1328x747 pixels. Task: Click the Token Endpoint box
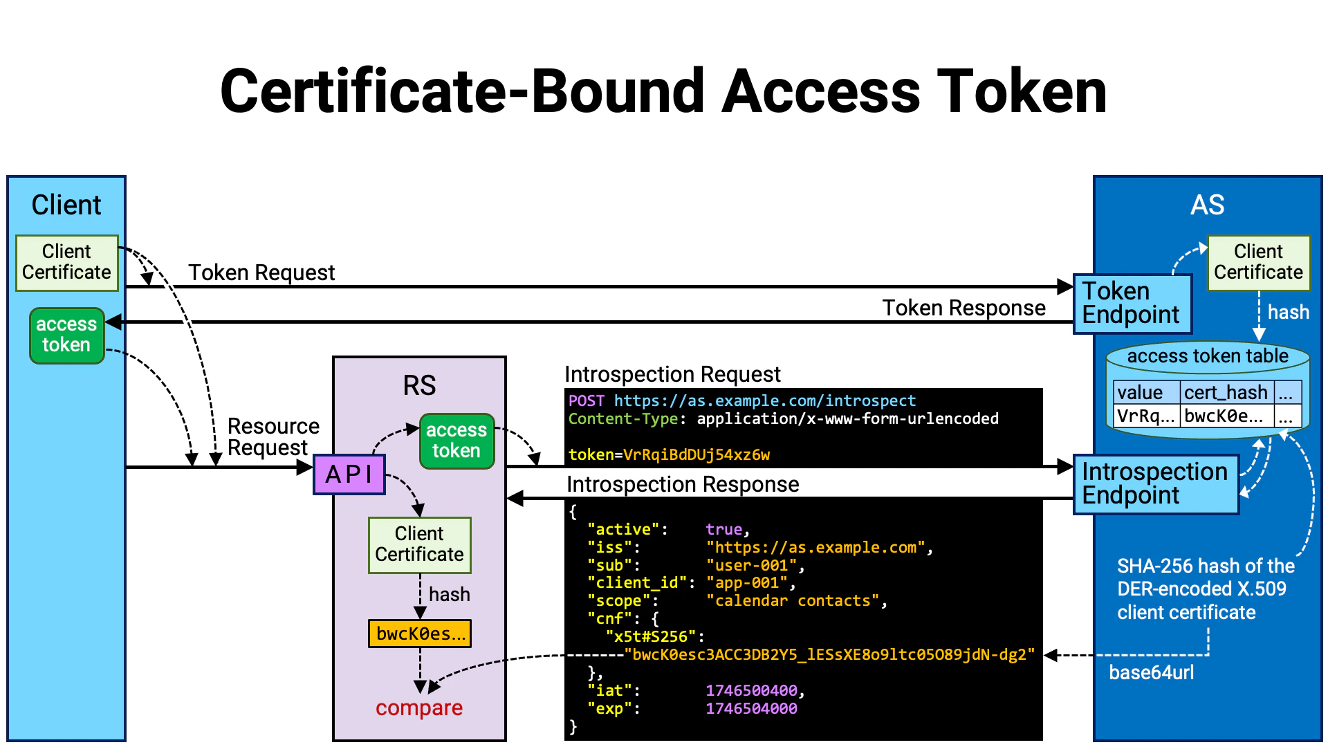(x=1132, y=304)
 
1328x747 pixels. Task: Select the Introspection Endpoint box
(x=1155, y=483)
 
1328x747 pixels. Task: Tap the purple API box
(x=349, y=474)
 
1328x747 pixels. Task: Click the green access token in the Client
(x=66, y=335)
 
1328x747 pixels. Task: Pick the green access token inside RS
(x=456, y=441)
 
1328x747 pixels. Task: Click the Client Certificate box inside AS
(x=1258, y=262)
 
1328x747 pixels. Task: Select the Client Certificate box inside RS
(x=419, y=544)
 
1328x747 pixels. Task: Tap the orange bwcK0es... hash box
(x=420, y=634)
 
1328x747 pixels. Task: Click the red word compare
(x=419, y=708)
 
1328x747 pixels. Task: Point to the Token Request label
(x=261, y=273)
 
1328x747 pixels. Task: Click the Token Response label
(x=963, y=308)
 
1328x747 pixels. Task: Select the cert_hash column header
(x=1225, y=393)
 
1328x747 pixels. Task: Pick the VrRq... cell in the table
(x=1145, y=416)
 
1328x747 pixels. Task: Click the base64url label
(x=1151, y=672)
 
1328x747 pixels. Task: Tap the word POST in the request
(x=586, y=401)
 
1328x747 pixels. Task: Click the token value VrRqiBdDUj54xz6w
(x=696, y=455)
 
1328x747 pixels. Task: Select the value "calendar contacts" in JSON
(x=796, y=601)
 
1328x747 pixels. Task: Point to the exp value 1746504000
(x=751, y=709)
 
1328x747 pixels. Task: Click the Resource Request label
(x=273, y=437)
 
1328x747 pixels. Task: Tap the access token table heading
(x=1208, y=356)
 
